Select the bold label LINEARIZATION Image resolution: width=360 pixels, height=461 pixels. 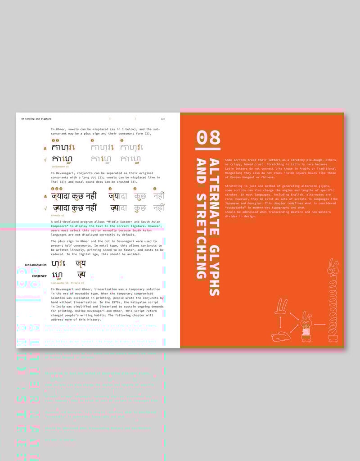pos(36,265)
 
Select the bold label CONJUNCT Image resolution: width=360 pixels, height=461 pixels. pos(39,276)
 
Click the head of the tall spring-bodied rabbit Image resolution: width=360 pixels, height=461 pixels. pos(333,270)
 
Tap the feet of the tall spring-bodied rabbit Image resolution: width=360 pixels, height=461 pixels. pos(333,339)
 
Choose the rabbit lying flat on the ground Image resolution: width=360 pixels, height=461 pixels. pos(281,335)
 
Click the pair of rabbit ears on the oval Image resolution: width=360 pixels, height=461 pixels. pos(281,307)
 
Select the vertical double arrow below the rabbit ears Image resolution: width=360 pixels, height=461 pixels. pos(281,322)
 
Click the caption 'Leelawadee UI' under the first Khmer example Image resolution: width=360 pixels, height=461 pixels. pos(60,167)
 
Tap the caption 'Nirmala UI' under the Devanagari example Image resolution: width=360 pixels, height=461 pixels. pos(58,216)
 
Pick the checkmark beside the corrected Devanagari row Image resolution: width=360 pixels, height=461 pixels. pos(45,208)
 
